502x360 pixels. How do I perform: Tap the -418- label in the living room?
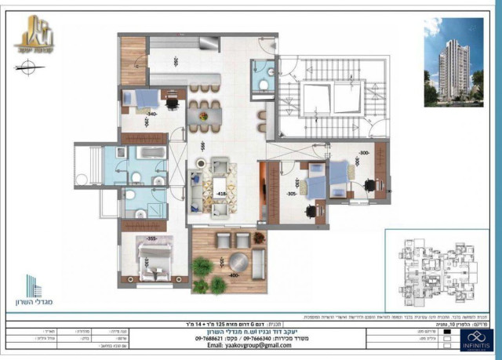pyautogui.click(x=222, y=192)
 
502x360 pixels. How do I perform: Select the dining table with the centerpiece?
pyautogui.click(x=204, y=116)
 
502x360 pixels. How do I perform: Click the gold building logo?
pyautogui.click(x=34, y=35)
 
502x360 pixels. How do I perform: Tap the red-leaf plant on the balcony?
pyautogui.click(x=259, y=237)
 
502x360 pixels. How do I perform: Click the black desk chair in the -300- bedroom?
pyautogui.click(x=369, y=185)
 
